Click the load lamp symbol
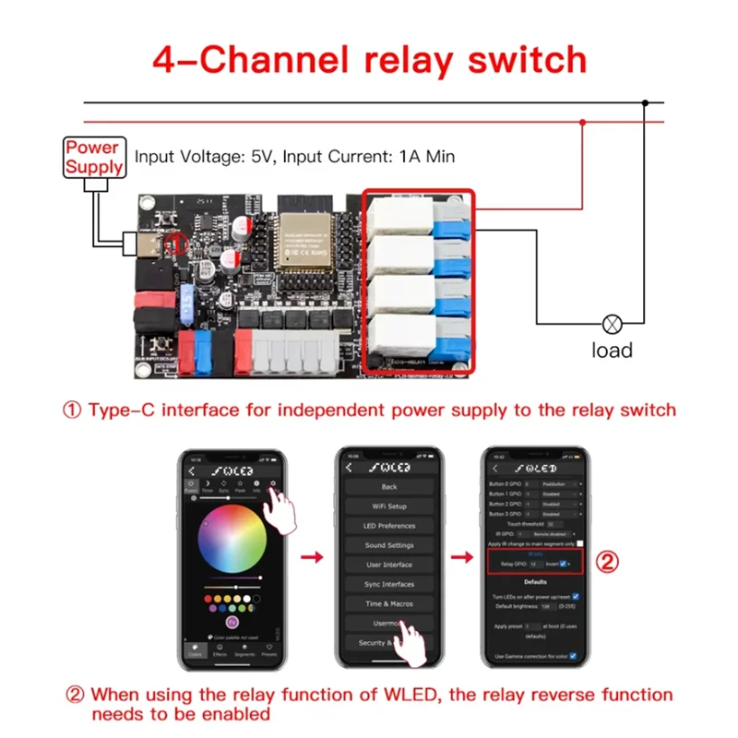[612, 324]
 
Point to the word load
[612, 351]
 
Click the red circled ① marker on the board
[177, 244]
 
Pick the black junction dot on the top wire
[647, 102]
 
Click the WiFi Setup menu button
[388, 506]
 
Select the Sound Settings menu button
[388, 545]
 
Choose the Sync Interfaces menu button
[388, 584]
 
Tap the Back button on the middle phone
[388, 486]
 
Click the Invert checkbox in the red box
[564, 563]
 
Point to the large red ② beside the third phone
[606, 562]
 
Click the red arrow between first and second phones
[313, 557]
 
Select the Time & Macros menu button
[388, 603]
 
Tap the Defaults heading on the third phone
[535, 582]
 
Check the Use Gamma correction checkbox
[573, 656]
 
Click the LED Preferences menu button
[388, 526]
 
